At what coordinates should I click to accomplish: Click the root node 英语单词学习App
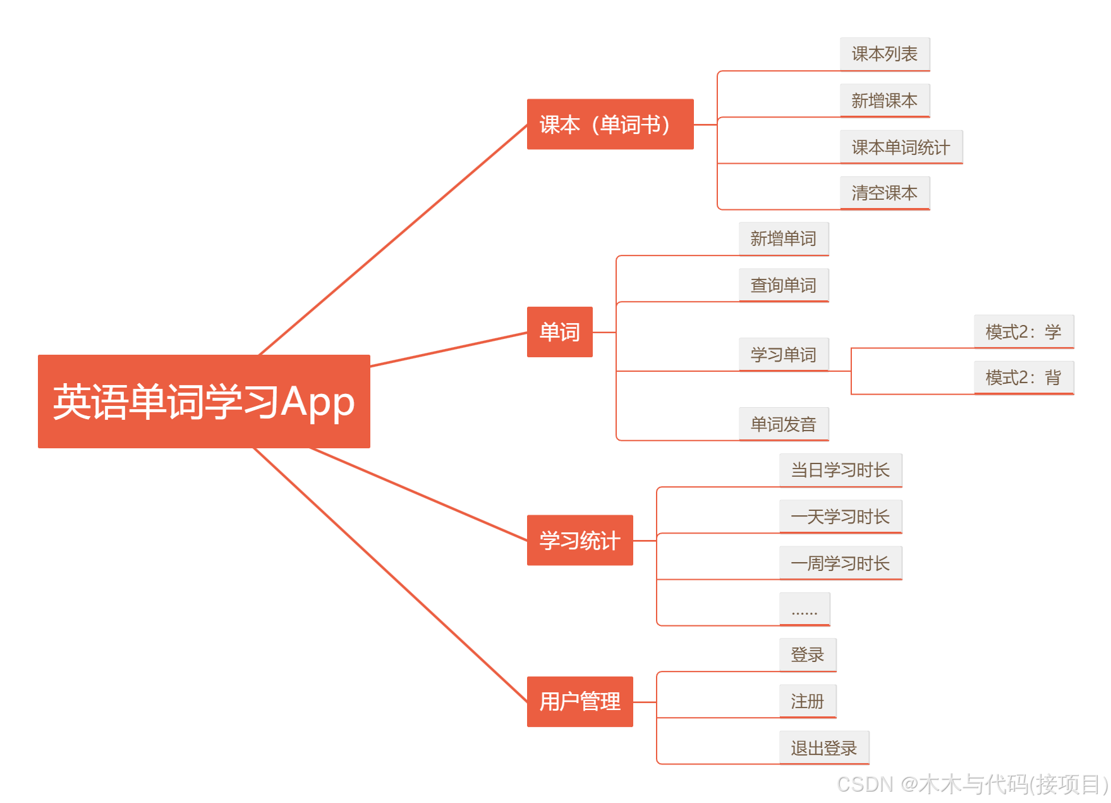click(x=203, y=402)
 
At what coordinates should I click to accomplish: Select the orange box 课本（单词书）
click(x=610, y=125)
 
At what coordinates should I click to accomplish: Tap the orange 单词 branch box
click(x=559, y=332)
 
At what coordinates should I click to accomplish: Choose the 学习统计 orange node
click(x=580, y=541)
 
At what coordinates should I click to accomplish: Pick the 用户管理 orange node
click(x=580, y=702)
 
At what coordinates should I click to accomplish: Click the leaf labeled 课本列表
click(x=884, y=54)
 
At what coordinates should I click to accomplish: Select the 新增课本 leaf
click(x=884, y=101)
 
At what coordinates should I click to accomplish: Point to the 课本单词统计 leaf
click(x=901, y=147)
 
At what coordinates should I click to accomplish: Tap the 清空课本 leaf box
click(x=884, y=193)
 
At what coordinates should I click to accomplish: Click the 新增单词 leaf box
click(x=783, y=239)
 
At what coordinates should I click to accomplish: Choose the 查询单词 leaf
click(x=783, y=285)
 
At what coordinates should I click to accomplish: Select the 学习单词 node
click(x=783, y=355)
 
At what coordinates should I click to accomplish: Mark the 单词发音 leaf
click(x=783, y=424)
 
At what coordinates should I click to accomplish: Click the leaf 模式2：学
click(x=1023, y=332)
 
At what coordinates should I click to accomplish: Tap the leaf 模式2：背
click(x=1023, y=378)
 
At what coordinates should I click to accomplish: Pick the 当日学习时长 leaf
click(x=840, y=470)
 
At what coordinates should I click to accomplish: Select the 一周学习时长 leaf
click(x=840, y=563)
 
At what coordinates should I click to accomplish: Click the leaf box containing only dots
click(x=804, y=610)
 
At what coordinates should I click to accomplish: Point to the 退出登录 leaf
click(x=823, y=748)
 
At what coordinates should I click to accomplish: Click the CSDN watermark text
click(x=972, y=785)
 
